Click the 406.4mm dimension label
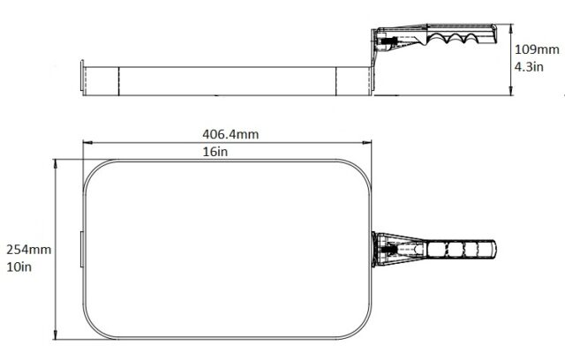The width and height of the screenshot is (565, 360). click(x=230, y=134)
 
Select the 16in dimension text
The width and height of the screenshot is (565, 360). click(x=215, y=152)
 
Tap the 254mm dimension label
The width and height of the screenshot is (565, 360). click(x=29, y=250)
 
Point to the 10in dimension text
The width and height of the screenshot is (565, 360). click(x=19, y=266)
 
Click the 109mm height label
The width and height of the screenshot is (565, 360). click(x=537, y=49)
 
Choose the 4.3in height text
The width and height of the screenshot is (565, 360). click(x=529, y=66)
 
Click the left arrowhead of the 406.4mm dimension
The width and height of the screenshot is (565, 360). click(x=87, y=143)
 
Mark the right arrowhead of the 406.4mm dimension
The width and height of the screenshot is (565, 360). click(x=367, y=143)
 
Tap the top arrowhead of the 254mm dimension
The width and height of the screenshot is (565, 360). click(x=55, y=164)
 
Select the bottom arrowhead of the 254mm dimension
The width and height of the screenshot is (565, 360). click(x=55, y=334)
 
